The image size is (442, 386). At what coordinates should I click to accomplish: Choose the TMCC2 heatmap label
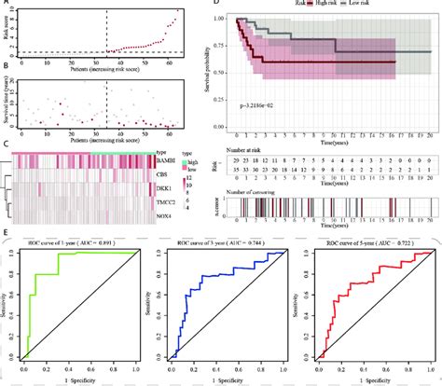coord(167,200)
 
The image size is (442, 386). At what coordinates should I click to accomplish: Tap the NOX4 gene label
coord(165,214)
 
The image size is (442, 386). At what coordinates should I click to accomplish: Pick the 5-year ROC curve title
coord(366,243)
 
